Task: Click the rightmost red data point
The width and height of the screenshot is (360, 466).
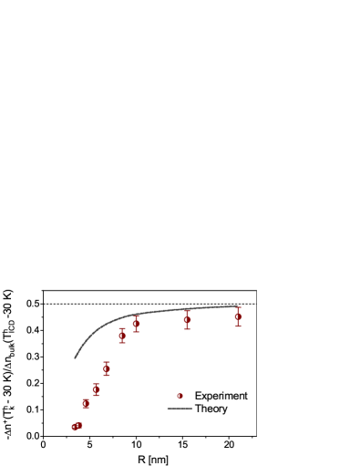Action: pos(238,316)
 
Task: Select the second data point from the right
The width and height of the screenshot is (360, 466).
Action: pos(187,319)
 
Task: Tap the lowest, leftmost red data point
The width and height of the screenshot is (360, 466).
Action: pos(74,427)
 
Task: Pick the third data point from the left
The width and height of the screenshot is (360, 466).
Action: pos(86,403)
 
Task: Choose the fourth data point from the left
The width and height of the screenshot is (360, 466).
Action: pos(96,389)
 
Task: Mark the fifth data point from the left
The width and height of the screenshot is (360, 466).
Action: pos(107,368)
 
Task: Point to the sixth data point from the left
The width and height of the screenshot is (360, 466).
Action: pos(121,336)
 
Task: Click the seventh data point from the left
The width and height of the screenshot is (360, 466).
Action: pos(136,323)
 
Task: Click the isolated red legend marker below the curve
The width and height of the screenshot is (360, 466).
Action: pos(180,396)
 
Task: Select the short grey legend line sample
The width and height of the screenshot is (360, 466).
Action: pos(180,408)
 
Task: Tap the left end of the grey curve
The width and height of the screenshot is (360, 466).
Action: pos(75,358)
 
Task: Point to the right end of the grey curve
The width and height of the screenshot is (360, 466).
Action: pos(237,306)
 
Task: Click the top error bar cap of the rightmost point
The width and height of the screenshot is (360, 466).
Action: pos(238,307)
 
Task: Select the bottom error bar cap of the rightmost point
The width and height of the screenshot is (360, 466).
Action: pos(238,326)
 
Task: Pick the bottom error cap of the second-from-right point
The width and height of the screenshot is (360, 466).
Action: pos(187,328)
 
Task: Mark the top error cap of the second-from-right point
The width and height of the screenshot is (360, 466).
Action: pos(187,310)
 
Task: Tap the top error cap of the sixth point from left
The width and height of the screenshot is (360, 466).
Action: pos(121,328)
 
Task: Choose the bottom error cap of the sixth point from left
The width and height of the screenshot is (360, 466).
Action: pos(121,343)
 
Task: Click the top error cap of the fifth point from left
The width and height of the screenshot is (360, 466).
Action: pos(107,362)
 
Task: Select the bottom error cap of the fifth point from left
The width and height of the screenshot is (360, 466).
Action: pos(107,375)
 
